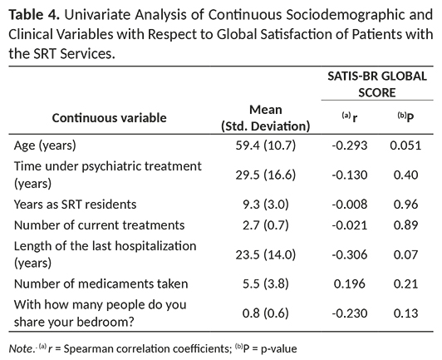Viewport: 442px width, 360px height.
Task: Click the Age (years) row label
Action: pos(45,145)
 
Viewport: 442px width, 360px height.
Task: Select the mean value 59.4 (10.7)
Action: pos(266,145)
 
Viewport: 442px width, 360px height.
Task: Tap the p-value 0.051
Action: pos(405,145)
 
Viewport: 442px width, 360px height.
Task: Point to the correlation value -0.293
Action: pos(350,145)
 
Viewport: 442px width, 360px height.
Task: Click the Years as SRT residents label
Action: pos(75,205)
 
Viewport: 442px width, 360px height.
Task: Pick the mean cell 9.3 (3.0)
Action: pos(266,205)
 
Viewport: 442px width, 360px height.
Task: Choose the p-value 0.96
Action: pos(405,205)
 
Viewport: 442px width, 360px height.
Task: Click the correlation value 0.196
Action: pos(350,284)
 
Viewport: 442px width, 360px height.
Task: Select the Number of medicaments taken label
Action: pos(101,284)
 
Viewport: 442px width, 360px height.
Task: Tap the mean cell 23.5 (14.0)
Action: pos(266,254)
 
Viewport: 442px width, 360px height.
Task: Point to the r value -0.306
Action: pos(350,254)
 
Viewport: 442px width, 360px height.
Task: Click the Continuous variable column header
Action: pos(109,118)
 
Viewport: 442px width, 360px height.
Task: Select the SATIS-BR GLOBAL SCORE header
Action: pos(377,84)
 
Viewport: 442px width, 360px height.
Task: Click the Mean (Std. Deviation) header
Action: pos(266,118)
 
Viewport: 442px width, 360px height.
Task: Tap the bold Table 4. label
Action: pos(34,15)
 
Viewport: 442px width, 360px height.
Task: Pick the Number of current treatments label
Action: pos(99,225)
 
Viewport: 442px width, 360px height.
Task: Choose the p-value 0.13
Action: pos(405,313)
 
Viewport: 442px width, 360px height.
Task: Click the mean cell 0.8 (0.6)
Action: pos(266,313)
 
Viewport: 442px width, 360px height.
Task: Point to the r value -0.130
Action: pos(350,175)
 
